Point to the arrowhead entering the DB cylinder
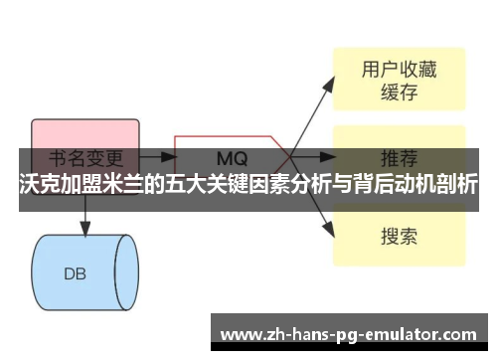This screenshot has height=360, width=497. coord(84,230)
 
